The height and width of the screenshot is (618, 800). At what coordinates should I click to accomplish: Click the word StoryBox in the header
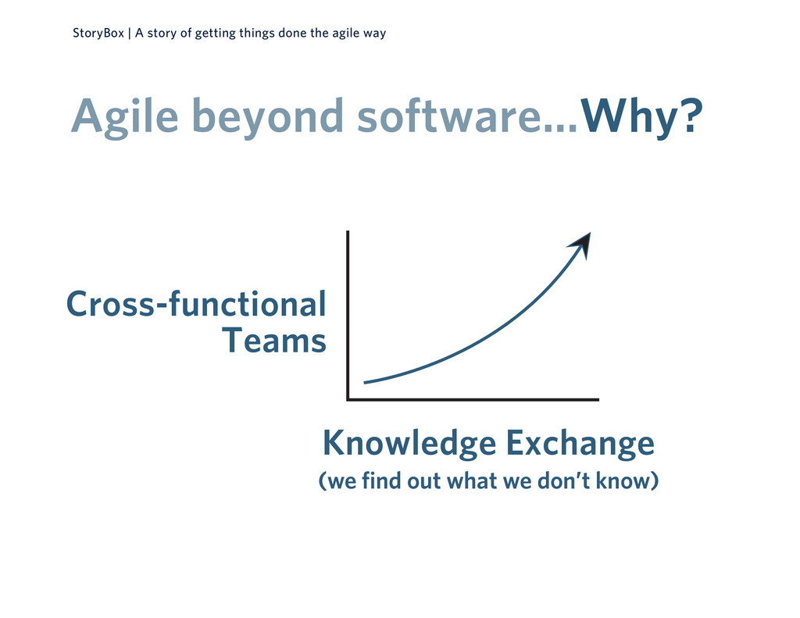pyautogui.click(x=98, y=33)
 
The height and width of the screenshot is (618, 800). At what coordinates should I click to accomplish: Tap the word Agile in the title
pyautogui.click(x=124, y=117)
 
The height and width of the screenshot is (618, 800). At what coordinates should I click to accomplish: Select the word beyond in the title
pyautogui.click(x=267, y=117)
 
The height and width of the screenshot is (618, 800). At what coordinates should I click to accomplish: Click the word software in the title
pyautogui.click(x=449, y=116)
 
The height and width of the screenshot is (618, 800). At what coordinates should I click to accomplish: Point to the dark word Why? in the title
pyautogui.click(x=642, y=116)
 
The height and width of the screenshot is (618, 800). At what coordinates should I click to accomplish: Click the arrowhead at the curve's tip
pyautogui.click(x=580, y=245)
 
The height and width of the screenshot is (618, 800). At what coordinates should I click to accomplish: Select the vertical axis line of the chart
pyautogui.click(x=348, y=316)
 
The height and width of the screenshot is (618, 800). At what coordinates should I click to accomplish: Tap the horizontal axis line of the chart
pyautogui.click(x=473, y=399)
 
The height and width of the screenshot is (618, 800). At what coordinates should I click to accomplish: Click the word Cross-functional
pyautogui.click(x=196, y=304)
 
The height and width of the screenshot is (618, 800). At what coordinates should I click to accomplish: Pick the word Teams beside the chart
pyautogui.click(x=274, y=341)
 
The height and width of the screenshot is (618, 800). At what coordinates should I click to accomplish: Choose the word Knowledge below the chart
pyautogui.click(x=409, y=444)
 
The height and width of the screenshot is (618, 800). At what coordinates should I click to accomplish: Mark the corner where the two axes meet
pyautogui.click(x=348, y=399)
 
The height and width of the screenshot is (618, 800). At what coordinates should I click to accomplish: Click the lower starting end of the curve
pyautogui.click(x=364, y=382)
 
